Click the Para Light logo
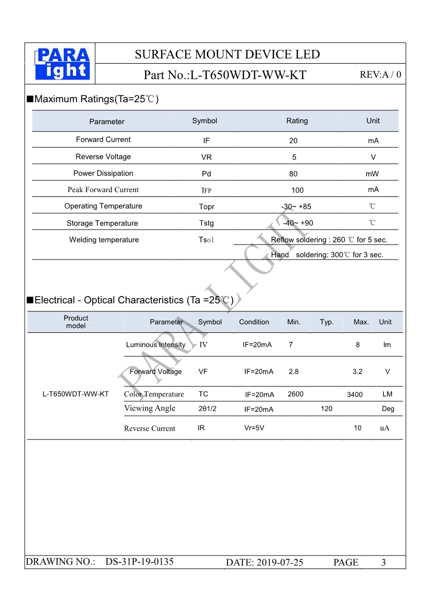tap(62, 64)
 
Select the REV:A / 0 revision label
tap(380, 75)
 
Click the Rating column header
tap(297, 121)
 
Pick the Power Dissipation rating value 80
tap(293, 174)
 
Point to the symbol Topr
tap(207, 207)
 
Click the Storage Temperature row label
tap(102, 223)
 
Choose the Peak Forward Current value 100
tap(298, 190)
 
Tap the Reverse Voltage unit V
tap(373, 157)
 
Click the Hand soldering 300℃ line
tap(327, 255)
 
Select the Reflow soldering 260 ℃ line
tap(329, 240)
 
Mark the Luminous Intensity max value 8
tap(358, 345)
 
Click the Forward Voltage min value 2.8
tap(293, 371)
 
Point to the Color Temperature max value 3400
tap(354, 395)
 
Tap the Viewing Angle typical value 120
tap(327, 409)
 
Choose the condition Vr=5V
tap(254, 428)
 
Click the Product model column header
tap(76, 322)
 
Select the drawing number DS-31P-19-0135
tap(139, 562)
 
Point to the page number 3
tap(383, 562)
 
